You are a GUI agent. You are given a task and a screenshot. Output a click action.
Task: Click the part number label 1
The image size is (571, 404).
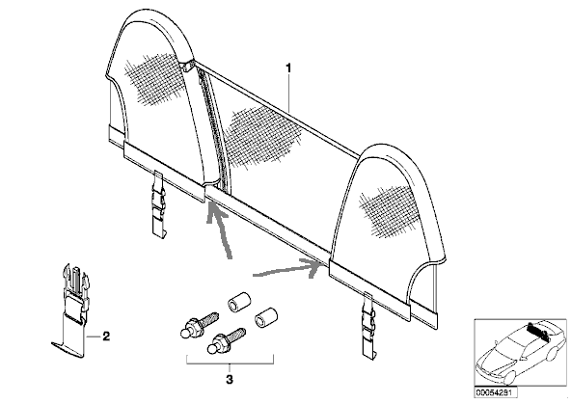tap(288, 68)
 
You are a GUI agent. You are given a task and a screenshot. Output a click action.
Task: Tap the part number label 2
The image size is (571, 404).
tap(106, 337)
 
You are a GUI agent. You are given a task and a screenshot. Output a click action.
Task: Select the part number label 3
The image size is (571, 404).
tap(230, 380)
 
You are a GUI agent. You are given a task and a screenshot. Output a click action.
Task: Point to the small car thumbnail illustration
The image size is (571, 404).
tap(521, 353)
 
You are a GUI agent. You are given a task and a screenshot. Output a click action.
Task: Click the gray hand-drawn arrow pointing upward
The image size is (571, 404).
tap(219, 230)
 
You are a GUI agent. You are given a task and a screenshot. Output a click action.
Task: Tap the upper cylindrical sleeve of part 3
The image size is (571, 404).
tap(239, 302)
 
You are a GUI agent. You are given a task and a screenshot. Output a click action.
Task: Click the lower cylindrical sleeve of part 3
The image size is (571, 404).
tap(266, 316)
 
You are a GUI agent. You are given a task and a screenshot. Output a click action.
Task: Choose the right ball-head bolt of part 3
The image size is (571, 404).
tap(226, 340)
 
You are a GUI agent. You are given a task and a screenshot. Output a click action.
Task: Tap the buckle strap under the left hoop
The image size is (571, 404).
tap(159, 204)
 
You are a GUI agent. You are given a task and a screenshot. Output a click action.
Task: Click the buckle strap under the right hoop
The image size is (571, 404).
tap(368, 323)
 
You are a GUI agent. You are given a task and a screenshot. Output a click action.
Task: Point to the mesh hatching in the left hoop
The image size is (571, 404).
tap(155, 79)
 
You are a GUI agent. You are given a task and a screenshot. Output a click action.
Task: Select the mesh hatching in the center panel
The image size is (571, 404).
tap(260, 136)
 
